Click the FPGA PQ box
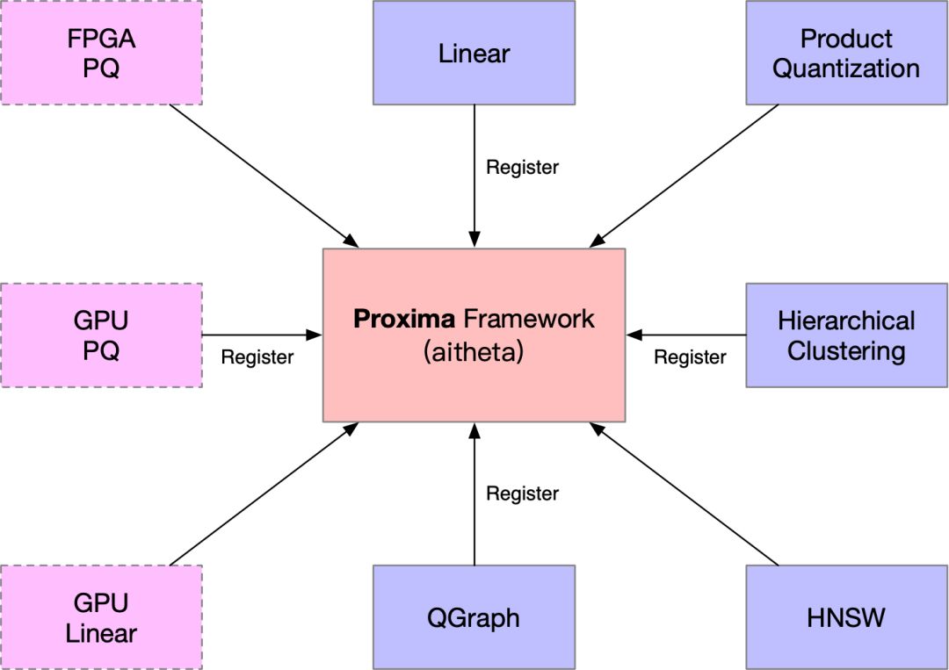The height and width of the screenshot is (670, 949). [x=101, y=53]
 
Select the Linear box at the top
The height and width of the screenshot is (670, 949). [x=474, y=53]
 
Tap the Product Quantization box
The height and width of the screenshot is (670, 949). [x=847, y=53]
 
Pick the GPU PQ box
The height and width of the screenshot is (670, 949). [x=101, y=335]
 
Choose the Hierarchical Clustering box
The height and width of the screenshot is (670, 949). [x=847, y=335]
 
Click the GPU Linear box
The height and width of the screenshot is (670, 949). [x=101, y=617]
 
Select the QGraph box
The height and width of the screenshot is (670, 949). [x=474, y=617]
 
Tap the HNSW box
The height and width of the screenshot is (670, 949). [x=847, y=617]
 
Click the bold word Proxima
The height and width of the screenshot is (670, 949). [x=404, y=319]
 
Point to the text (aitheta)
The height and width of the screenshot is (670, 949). [x=474, y=351]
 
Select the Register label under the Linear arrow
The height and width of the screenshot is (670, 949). [x=522, y=167]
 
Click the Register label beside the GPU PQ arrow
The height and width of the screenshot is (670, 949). [x=257, y=357]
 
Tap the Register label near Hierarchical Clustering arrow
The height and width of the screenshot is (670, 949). [x=690, y=357]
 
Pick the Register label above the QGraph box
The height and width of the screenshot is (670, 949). [x=522, y=493]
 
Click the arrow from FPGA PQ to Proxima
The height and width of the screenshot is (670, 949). [x=264, y=176]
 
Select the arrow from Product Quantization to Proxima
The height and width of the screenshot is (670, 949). [x=684, y=176]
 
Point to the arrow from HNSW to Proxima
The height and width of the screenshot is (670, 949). [x=684, y=494]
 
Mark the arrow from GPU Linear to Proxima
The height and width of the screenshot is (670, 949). [x=264, y=494]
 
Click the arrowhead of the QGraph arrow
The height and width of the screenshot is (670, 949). [x=474, y=430]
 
